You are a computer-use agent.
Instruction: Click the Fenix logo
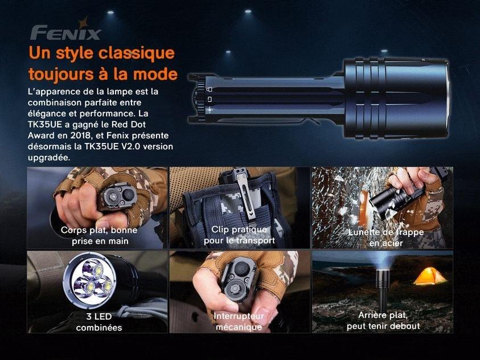(65, 30)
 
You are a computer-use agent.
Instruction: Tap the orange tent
(430, 276)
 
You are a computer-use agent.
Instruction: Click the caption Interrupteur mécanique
(239, 321)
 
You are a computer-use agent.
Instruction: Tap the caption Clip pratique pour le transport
(239, 235)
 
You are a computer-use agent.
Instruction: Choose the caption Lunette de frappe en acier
(385, 238)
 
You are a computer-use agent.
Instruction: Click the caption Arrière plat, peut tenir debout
(383, 321)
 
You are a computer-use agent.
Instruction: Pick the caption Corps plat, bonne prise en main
(99, 235)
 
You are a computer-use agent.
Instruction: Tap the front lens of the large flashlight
(448, 97)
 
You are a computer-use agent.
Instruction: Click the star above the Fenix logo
(83, 23)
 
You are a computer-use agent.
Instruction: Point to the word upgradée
(49, 158)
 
